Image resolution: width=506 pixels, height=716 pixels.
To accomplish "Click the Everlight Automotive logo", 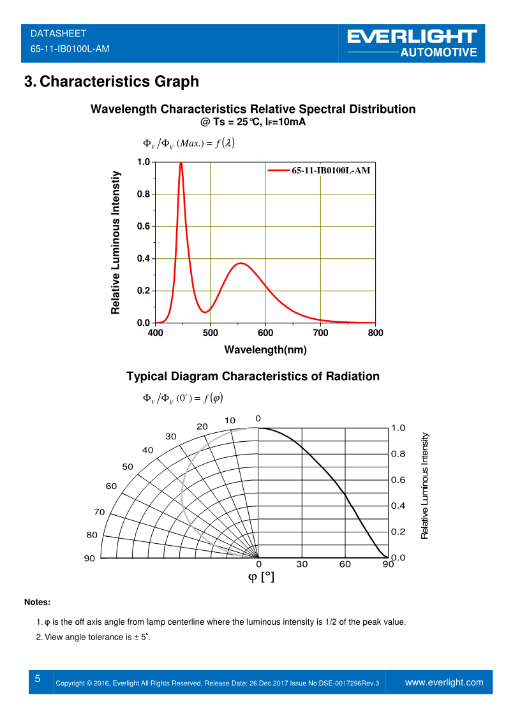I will pyautogui.click(x=413, y=43).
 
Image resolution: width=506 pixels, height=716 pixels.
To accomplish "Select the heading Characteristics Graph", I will pyautogui.click(x=111, y=82).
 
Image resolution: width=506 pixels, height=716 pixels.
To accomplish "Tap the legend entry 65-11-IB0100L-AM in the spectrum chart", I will pyautogui.click(x=331, y=171).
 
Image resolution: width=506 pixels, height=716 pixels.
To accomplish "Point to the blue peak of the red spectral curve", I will pyautogui.click(x=181, y=163).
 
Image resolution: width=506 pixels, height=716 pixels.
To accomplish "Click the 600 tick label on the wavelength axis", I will pyautogui.click(x=265, y=333).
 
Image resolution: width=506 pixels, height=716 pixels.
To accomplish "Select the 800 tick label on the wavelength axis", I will pyautogui.click(x=376, y=333).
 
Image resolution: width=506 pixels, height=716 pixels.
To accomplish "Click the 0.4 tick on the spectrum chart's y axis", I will pyautogui.click(x=144, y=259).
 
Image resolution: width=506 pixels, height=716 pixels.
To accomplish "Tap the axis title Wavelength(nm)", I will pyautogui.click(x=265, y=349).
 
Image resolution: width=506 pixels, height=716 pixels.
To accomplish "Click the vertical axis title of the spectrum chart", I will pyautogui.click(x=115, y=242).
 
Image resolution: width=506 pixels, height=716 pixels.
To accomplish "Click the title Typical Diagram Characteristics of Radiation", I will pyautogui.click(x=253, y=376).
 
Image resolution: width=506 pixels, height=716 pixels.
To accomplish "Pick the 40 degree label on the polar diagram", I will pyautogui.click(x=147, y=450).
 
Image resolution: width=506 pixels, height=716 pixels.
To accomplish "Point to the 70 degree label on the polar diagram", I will pyautogui.click(x=99, y=512).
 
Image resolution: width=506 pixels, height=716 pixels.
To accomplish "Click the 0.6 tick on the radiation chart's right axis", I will pyautogui.click(x=398, y=480).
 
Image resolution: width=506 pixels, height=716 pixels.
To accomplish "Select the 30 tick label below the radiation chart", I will pyautogui.click(x=302, y=564).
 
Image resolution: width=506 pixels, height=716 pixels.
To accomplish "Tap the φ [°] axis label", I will pyautogui.click(x=261, y=577).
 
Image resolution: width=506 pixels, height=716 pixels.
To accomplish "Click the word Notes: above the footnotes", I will pyautogui.click(x=37, y=602).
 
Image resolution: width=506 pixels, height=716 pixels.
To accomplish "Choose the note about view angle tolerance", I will pyautogui.click(x=96, y=637).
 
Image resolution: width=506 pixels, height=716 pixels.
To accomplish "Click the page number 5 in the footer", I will pyautogui.click(x=38, y=679).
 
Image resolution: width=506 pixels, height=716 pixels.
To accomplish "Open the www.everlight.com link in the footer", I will pyautogui.click(x=444, y=682).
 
